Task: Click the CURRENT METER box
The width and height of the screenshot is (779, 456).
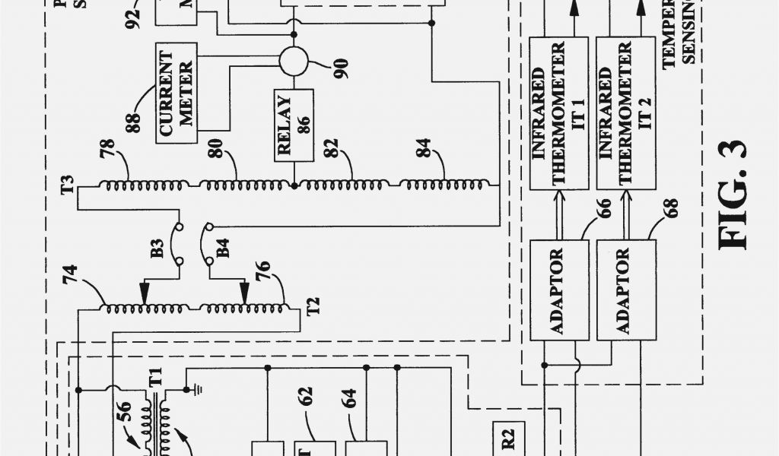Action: click(176, 95)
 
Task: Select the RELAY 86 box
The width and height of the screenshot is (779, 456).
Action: click(293, 124)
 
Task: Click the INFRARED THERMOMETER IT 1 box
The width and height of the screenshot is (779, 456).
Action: click(558, 113)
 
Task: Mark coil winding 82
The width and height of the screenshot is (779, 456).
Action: click(346, 184)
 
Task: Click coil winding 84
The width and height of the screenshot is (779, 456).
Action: click(445, 184)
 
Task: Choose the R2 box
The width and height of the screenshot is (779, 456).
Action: click(509, 437)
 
